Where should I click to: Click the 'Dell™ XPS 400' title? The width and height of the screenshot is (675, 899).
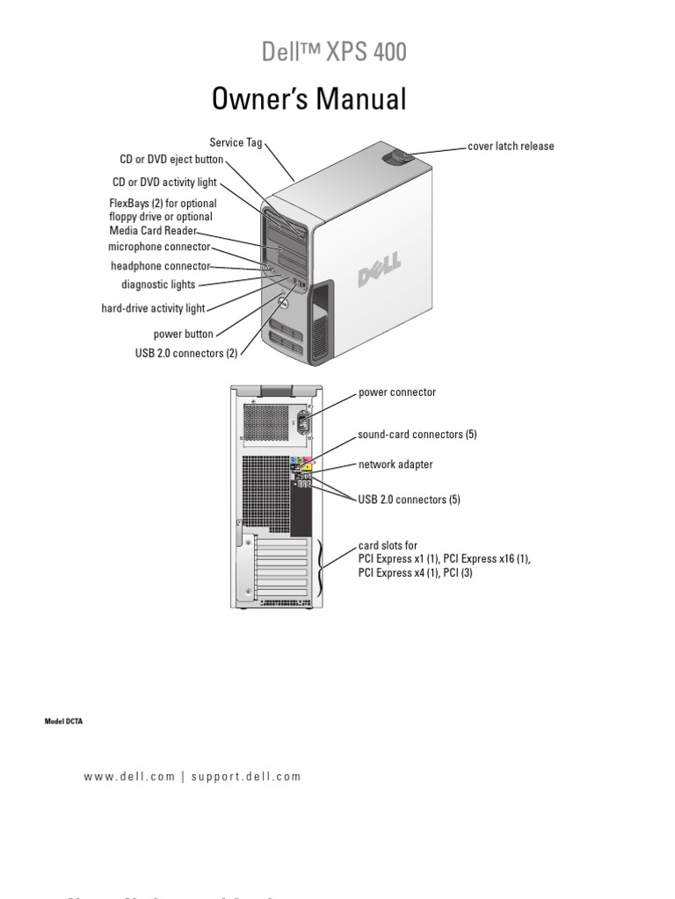pos(334,53)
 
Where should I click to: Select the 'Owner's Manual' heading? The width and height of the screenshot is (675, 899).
pos(309,99)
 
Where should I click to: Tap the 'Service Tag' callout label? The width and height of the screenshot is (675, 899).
pos(236,141)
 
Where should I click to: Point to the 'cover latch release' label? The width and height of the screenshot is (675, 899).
pos(511,147)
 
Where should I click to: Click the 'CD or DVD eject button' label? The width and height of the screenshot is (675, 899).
pos(171,161)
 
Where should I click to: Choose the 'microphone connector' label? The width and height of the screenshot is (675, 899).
pos(159,248)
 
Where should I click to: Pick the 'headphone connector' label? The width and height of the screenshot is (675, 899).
pos(160,266)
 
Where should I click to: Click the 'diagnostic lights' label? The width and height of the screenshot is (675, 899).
pos(158,284)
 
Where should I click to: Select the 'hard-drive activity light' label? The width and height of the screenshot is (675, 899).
pos(153,308)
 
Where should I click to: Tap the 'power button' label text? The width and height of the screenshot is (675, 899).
pos(183,334)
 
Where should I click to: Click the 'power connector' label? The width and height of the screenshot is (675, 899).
pos(396,392)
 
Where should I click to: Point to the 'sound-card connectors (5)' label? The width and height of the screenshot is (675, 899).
pos(417,435)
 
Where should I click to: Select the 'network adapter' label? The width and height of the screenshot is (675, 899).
pos(395,464)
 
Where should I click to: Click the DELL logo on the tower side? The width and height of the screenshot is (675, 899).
pos(379,270)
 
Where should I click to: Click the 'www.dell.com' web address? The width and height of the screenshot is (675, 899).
pos(129,777)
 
